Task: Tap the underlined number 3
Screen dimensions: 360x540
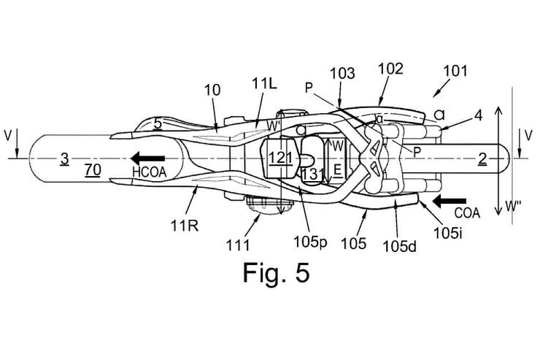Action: pos(65,158)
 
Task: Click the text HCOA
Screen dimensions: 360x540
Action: pos(150,172)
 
